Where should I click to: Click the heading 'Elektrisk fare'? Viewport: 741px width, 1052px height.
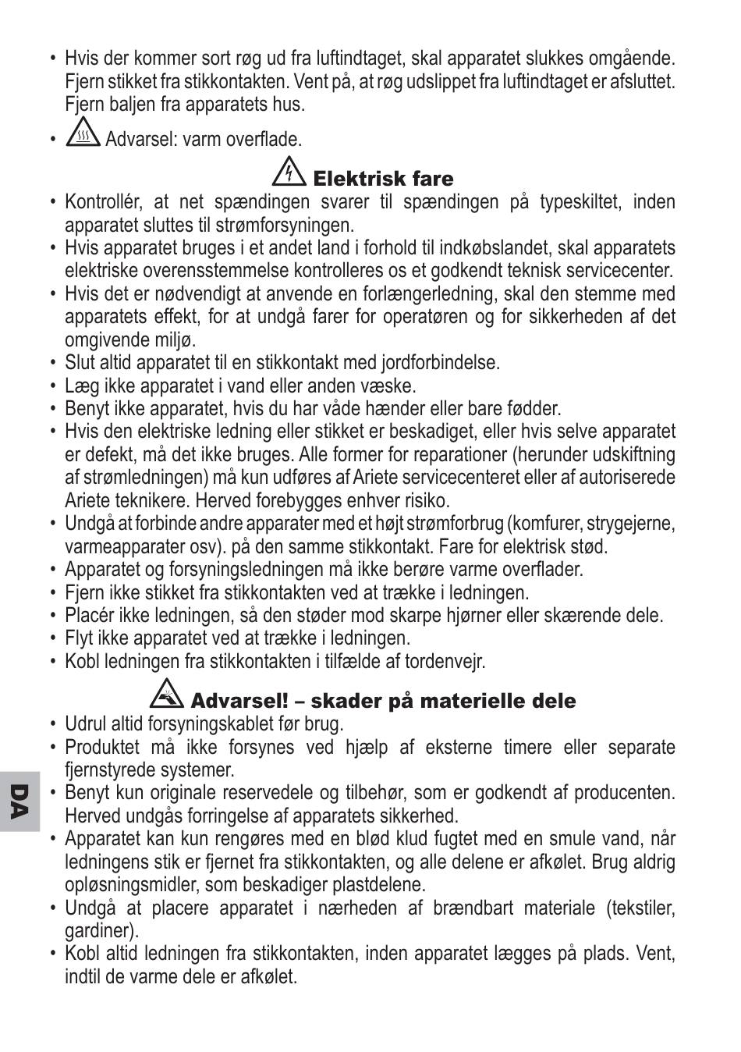point(383,179)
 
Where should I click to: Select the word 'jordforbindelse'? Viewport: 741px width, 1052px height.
point(439,363)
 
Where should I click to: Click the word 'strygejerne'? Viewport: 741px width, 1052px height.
point(631,523)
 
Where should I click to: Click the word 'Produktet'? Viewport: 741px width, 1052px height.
point(102,748)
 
